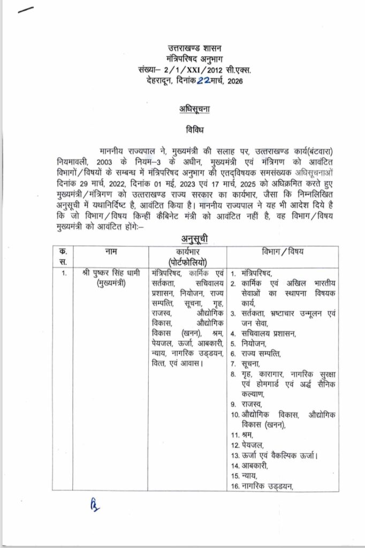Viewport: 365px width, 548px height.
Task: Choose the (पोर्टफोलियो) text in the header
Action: point(187,262)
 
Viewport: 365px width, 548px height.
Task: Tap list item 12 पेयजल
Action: point(252,445)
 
